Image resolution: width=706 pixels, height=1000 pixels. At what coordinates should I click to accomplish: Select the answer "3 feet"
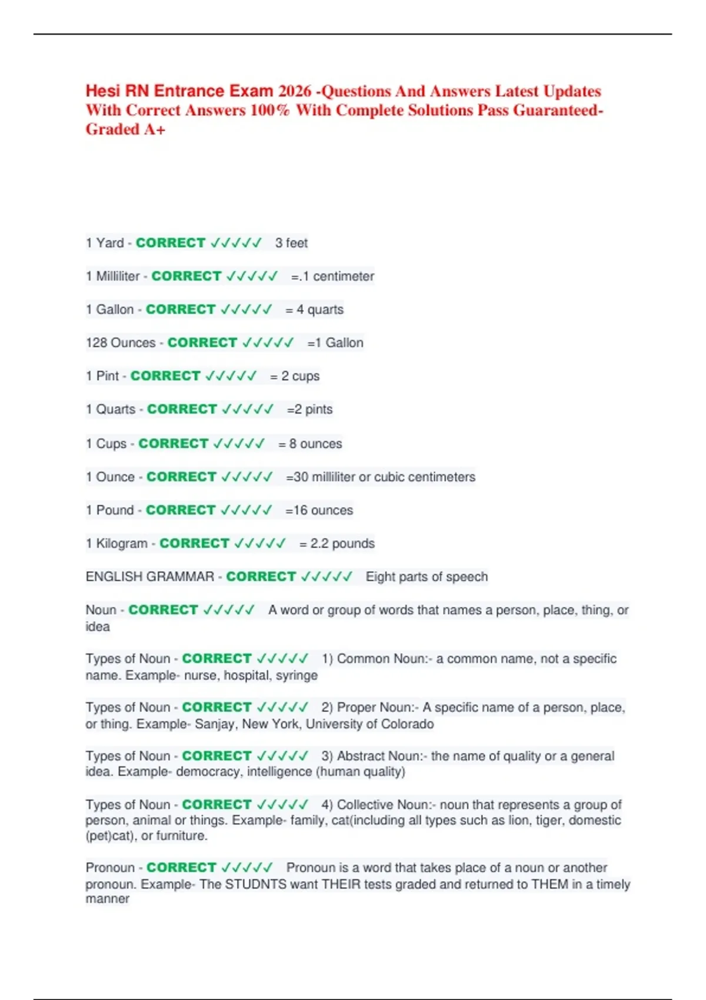(x=291, y=243)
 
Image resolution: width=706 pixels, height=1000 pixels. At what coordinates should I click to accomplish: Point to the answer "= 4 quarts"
(x=314, y=309)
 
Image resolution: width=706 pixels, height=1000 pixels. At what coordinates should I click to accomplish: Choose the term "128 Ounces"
(x=121, y=343)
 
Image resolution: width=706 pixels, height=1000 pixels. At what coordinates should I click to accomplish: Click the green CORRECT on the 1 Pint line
(x=165, y=376)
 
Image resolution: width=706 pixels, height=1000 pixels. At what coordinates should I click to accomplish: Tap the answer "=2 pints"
(x=309, y=409)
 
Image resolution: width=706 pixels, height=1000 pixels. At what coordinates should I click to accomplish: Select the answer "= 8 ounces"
(x=310, y=444)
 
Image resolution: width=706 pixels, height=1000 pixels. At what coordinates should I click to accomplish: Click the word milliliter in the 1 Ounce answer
(x=333, y=477)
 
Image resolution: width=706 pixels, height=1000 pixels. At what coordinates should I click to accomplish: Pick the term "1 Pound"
(x=110, y=510)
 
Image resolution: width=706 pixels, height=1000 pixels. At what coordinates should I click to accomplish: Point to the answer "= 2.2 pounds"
(x=337, y=544)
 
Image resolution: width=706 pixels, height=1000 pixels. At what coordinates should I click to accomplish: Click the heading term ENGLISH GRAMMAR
(x=149, y=576)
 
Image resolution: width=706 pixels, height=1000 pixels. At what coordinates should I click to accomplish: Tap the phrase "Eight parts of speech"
(x=427, y=576)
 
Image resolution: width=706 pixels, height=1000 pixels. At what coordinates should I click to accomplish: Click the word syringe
(x=297, y=675)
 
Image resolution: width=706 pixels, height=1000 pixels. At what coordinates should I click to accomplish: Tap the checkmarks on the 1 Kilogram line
(x=259, y=544)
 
